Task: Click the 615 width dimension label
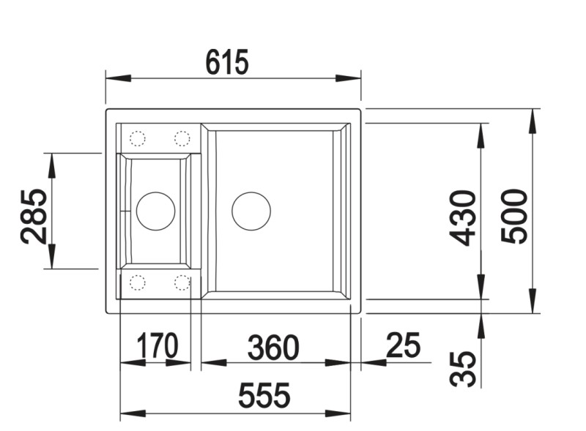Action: (x=227, y=62)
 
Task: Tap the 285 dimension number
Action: (x=34, y=217)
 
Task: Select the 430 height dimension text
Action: (x=462, y=218)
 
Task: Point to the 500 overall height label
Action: (x=514, y=217)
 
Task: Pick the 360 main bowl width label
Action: (x=273, y=348)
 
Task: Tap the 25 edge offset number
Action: (x=404, y=345)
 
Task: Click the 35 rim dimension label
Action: (x=463, y=368)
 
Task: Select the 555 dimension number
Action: (x=264, y=394)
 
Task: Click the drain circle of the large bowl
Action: (x=251, y=211)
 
